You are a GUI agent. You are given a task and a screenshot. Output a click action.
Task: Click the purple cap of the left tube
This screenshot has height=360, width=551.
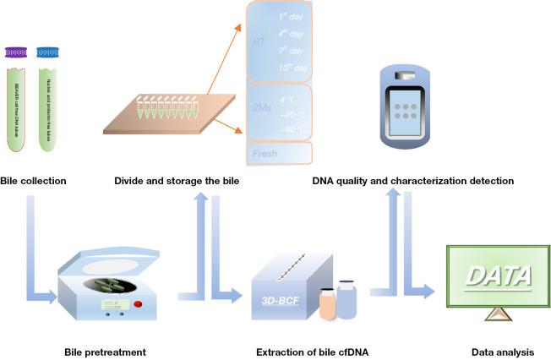coord(17,52)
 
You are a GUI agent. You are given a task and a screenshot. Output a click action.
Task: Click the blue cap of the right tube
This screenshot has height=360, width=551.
coord(48,52)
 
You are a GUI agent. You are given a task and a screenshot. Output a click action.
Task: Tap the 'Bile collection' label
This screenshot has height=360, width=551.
coord(33,180)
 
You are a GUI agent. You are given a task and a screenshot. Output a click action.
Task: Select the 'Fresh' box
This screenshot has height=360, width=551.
coord(279,154)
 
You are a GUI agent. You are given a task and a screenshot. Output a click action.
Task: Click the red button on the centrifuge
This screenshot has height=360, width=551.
coord(138,304)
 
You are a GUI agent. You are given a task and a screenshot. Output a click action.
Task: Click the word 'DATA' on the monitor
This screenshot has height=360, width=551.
coord(499,275)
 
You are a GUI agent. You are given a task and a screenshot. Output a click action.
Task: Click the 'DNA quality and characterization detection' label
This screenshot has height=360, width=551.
coord(413,180)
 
